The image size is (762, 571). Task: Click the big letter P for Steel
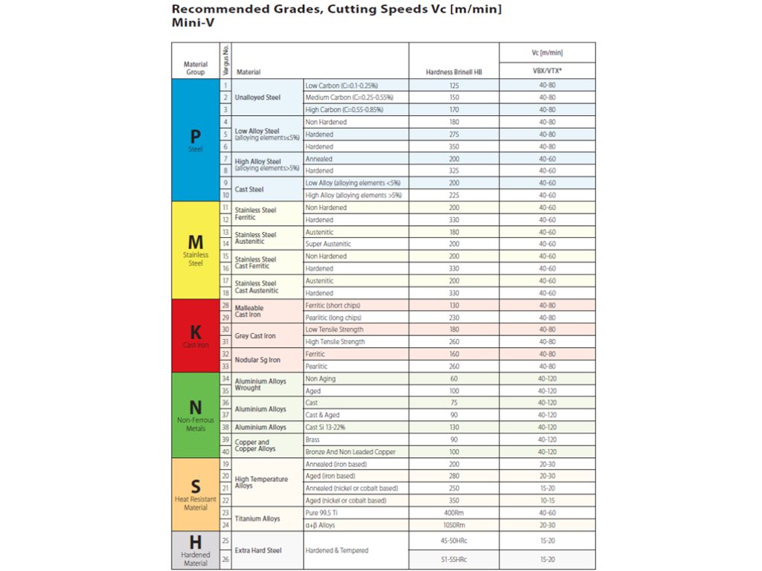click(195, 137)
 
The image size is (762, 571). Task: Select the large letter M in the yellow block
click(195, 242)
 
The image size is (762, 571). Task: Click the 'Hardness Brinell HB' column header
click(454, 72)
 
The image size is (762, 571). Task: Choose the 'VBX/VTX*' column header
click(547, 72)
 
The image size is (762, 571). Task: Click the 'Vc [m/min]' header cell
click(547, 52)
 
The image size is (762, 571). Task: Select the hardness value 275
click(454, 135)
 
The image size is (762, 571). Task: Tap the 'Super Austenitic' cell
click(328, 244)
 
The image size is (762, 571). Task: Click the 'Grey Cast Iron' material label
click(255, 336)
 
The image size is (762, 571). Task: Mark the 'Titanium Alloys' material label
click(257, 519)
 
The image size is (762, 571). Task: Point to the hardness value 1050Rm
click(454, 525)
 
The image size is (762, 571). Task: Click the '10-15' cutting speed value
click(547, 500)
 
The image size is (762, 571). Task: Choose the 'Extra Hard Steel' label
click(258, 550)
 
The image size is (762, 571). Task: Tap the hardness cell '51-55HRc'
click(454, 559)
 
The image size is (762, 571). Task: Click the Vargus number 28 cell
click(225, 306)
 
